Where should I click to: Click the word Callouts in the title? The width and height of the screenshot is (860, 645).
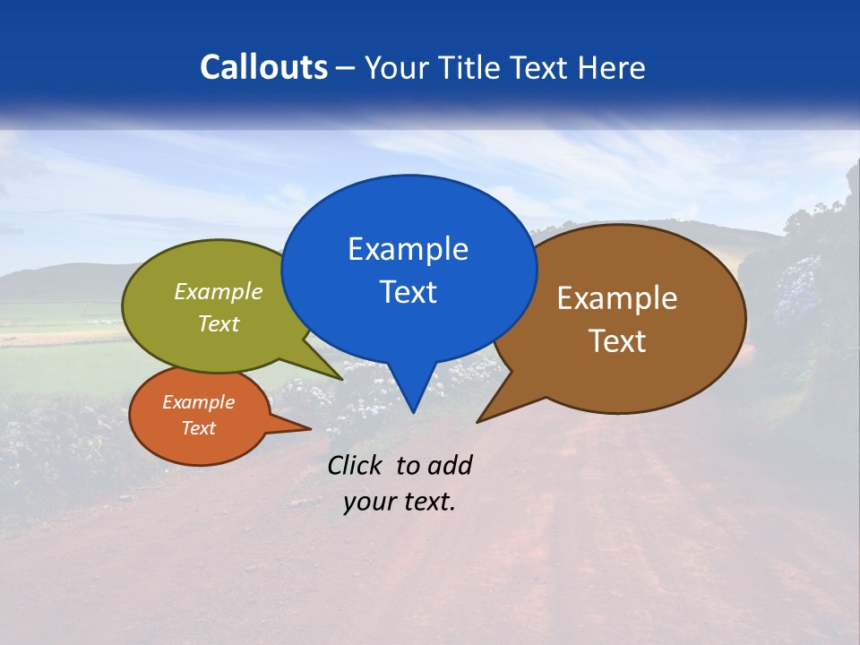[x=263, y=67]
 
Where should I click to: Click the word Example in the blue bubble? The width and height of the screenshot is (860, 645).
[x=408, y=249]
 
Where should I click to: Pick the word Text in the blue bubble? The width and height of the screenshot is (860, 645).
[x=408, y=292]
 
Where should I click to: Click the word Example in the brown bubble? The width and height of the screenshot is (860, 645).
[x=617, y=298]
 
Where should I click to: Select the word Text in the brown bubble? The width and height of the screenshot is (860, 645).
[x=617, y=341]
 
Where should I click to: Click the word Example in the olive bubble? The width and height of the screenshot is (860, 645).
[x=219, y=292]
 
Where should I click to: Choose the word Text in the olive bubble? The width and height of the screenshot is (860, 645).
[x=219, y=324]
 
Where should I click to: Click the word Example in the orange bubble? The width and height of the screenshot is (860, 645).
[x=198, y=402]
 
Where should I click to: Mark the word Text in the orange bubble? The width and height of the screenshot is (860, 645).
[x=198, y=428]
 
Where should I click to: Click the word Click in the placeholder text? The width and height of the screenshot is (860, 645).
[x=357, y=465]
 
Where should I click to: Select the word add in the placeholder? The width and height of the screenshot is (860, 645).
[x=450, y=465]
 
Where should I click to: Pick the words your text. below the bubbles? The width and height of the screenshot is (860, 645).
[x=400, y=502]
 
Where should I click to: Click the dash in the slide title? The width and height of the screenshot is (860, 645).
[x=346, y=68]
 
